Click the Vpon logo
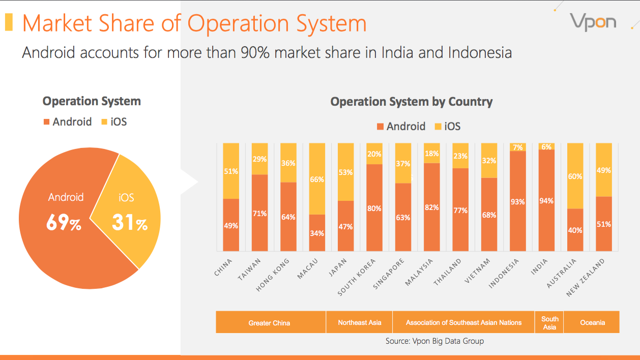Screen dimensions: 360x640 point(593,22)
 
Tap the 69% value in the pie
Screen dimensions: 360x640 point(64,223)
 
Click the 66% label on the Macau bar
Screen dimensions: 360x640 point(316,179)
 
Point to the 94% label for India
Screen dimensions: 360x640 point(547,201)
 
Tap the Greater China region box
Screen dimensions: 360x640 point(270,322)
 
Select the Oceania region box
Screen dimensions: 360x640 point(592,322)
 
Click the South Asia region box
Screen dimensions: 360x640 point(549,322)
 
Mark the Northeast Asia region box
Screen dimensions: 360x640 point(359,322)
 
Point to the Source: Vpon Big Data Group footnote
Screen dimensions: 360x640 point(434,341)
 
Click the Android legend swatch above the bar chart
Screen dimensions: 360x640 point(380,127)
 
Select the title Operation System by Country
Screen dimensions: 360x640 point(411,102)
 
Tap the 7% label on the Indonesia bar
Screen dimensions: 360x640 point(518,147)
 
